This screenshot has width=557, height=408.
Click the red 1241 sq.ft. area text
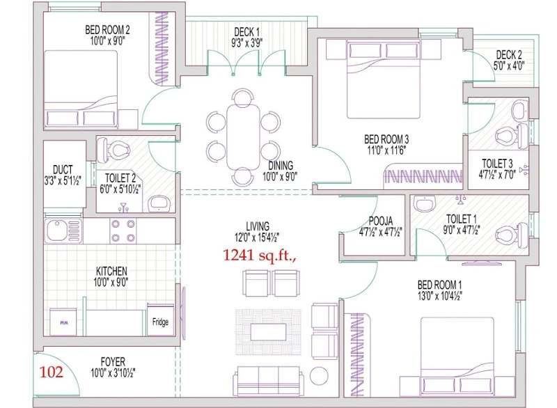(259, 255)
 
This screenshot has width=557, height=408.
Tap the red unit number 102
(51, 372)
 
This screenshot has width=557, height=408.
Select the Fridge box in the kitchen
(160, 319)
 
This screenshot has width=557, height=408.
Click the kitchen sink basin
(56, 230)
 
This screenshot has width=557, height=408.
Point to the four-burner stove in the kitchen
(123, 230)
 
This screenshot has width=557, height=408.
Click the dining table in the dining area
(243, 136)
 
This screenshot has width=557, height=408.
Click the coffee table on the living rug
(269, 332)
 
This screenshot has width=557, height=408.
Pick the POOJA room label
(380, 221)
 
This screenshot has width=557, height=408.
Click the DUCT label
(63, 169)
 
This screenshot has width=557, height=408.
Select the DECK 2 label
(509, 55)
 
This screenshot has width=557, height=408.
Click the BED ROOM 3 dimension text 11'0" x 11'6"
(386, 150)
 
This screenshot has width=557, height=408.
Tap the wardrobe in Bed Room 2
(162, 49)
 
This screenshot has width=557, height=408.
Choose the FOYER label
(113, 362)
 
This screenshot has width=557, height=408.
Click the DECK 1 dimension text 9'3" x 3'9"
(247, 43)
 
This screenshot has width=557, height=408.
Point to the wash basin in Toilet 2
(159, 203)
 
